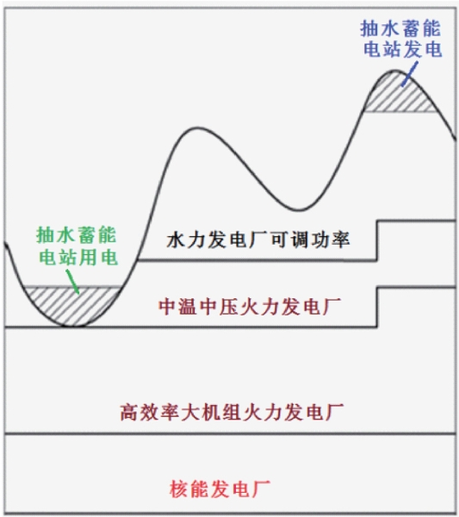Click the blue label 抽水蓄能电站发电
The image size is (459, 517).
pyautogui.click(x=401, y=39)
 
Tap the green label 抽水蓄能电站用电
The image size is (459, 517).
pyautogui.click(x=78, y=246)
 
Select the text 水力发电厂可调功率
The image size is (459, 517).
pyautogui.click(x=258, y=240)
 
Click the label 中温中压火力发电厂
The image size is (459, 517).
pyautogui.click(x=250, y=307)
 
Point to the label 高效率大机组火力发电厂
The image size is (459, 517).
pyautogui.click(x=232, y=412)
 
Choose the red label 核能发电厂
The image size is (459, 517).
pyautogui.click(x=220, y=489)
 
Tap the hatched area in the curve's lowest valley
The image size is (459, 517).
pyautogui.click(x=71, y=306)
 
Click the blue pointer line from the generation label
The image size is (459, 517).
pyautogui.click(x=409, y=74)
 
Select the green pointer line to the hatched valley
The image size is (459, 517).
pyautogui.click(x=72, y=282)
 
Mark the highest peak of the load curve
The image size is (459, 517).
pyautogui.click(x=394, y=71)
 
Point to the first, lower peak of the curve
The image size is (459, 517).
pyautogui.click(x=197, y=128)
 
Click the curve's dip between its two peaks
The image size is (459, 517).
pyautogui.click(x=299, y=209)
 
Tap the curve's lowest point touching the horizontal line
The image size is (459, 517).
pyautogui.click(x=71, y=327)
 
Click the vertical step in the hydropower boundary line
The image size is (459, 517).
pyautogui.click(x=377, y=240)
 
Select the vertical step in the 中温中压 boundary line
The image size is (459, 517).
pyautogui.click(x=377, y=308)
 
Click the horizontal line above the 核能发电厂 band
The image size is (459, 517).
pyautogui.click(x=230, y=433)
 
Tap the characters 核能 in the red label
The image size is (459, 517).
pyautogui.click(x=189, y=489)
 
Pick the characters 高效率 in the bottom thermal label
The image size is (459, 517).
pyautogui.click(x=150, y=412)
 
